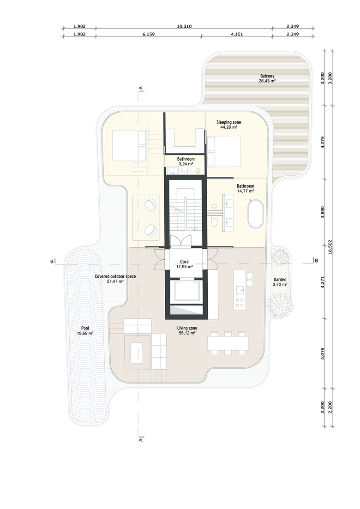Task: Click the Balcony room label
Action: pyautogui.click(x=267, y=76)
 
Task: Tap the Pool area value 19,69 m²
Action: pyautogui.click(x=85, y=333)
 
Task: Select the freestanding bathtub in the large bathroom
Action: pyautogui.click(x=254, y=215)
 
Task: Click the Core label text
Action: pyautogui.click(x=184, y=262)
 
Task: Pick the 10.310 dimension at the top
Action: pyautogui.click(x=184, y=26)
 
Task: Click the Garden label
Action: pyautogui.click(x=280, y=280)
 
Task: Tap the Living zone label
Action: pyautogui.click(x=187, y=328)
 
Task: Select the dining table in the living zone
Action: pyautogui.click(x=228, y=343)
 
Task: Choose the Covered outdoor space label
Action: pyautogui.click(x=115, y=276)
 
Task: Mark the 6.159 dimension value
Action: pyautogui.click(x=148, y=34)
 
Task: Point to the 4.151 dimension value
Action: pyautogui.click(x=237, y=34)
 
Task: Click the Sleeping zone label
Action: pyautogui.click(x=229, y=122)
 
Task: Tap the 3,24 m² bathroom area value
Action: pyautogui.click(x=186, y=164)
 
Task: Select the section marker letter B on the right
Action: pyautogui.click(x=317, y=260)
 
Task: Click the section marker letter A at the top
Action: pyautogui.click(x=141, y=88)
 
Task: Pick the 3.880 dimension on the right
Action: pyautogui.click(x=322, y=212)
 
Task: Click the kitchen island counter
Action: pyautogui.click(x=240, y=289)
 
